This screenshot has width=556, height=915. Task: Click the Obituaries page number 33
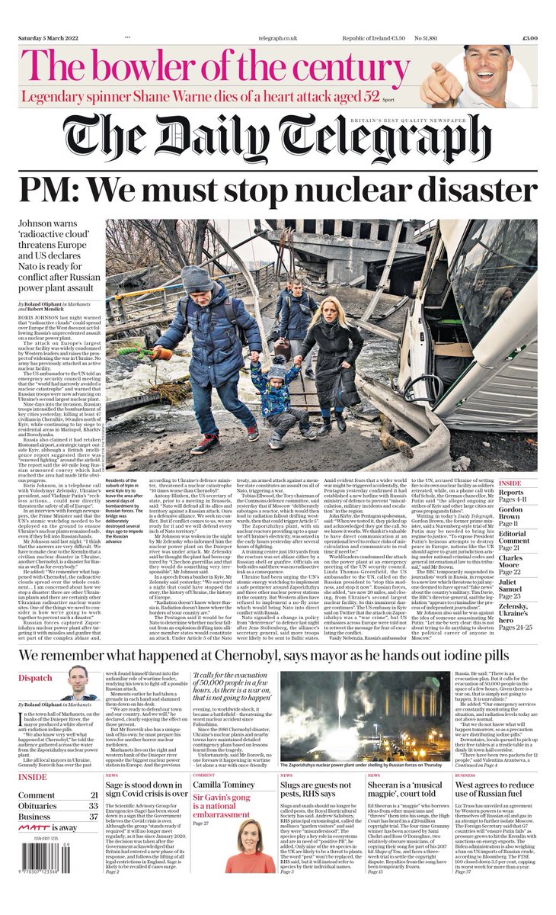(93, 805)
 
